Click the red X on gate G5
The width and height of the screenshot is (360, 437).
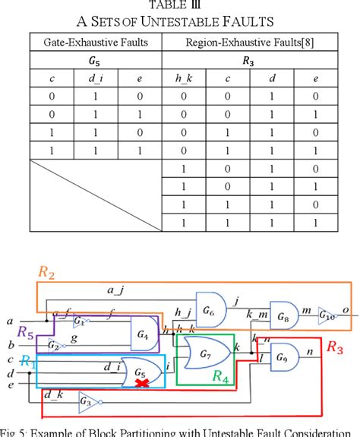[141, 384]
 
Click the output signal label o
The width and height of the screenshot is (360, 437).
[346, 308]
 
